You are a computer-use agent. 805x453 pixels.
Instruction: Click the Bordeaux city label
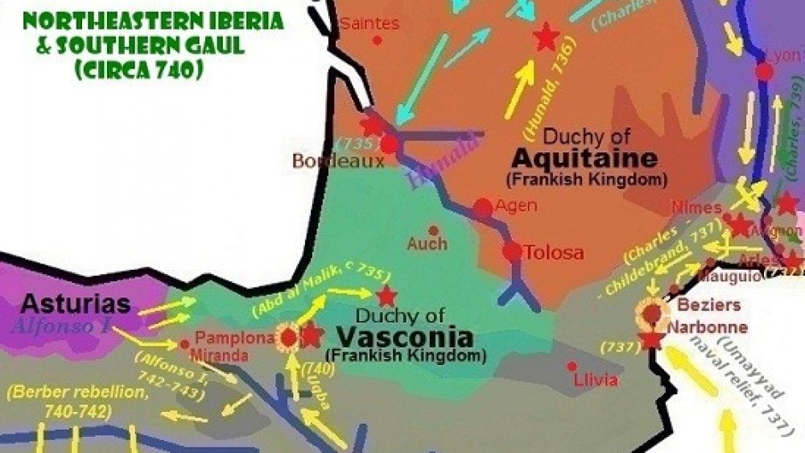click(327, 161)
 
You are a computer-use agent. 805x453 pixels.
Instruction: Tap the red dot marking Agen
click(482, 208)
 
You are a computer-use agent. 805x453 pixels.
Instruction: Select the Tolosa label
click(554, 253)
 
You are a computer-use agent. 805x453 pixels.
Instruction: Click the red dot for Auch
click(433, 231)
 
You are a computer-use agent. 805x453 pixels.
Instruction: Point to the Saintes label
click(369, 23)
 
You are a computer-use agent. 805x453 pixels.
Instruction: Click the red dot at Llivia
click(572, 366)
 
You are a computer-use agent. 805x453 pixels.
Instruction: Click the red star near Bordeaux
click(371, 126)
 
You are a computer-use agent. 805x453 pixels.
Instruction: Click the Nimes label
click(695, 209)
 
